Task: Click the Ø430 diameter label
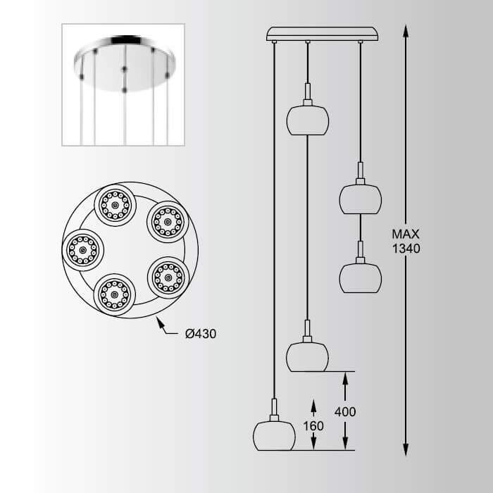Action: click(201, 334)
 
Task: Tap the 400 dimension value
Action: click(345, 411)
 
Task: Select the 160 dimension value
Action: click(313, 425)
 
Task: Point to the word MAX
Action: click(406, 235)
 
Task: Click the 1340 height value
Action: click(406, 249)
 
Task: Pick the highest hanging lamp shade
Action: click(308, 120)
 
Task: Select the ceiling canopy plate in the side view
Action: click(323, 34)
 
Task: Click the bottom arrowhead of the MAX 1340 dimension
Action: click(406, 449)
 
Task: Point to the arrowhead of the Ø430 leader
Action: click(160, 322)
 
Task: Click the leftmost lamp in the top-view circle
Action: click(82, 250)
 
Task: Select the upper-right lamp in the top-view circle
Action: click(168, 222)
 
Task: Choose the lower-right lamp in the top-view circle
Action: click(168, 277)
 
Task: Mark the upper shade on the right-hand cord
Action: click(361, 199)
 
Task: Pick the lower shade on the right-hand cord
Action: click(361, 278)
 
